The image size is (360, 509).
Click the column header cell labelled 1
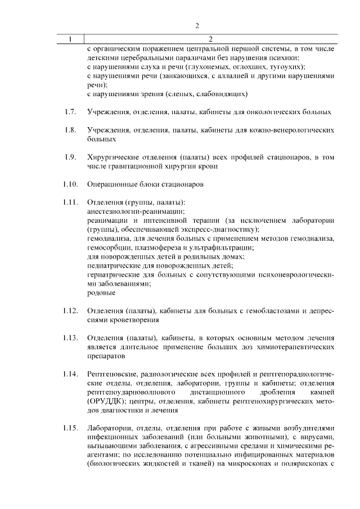coord(70,39)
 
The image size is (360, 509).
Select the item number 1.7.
coord(70,112)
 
